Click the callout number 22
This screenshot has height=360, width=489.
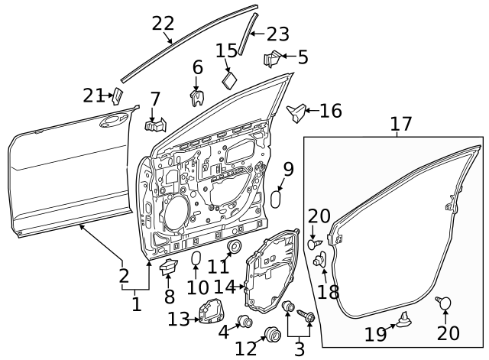(x=163, y=24)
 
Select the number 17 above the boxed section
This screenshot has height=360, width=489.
(x=401, y=124)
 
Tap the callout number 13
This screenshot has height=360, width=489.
(x=179, y=319)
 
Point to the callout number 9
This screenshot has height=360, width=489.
(x=289, y=170)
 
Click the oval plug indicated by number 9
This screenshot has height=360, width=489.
(x=275, y=200)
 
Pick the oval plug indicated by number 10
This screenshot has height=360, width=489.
(x=196, y=258)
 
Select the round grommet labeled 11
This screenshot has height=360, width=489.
(x=235, y=246)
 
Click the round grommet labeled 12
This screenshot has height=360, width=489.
(x=273, y=335)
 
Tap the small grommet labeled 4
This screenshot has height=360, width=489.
(x=245, y=322)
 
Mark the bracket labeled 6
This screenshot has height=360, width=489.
(x=197, y=98)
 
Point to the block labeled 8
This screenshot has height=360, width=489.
(x=168, y=267)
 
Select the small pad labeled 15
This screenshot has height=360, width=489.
(x=230, y=80)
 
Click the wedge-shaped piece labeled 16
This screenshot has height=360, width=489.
(x=297, y=112)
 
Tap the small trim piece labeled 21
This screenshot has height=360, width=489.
(x=118, y=96)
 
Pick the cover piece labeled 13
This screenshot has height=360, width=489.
(x=212, y=312)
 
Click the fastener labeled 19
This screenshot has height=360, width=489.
(x=405, y=319)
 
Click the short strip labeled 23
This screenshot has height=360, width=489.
(x=248, y=34)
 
